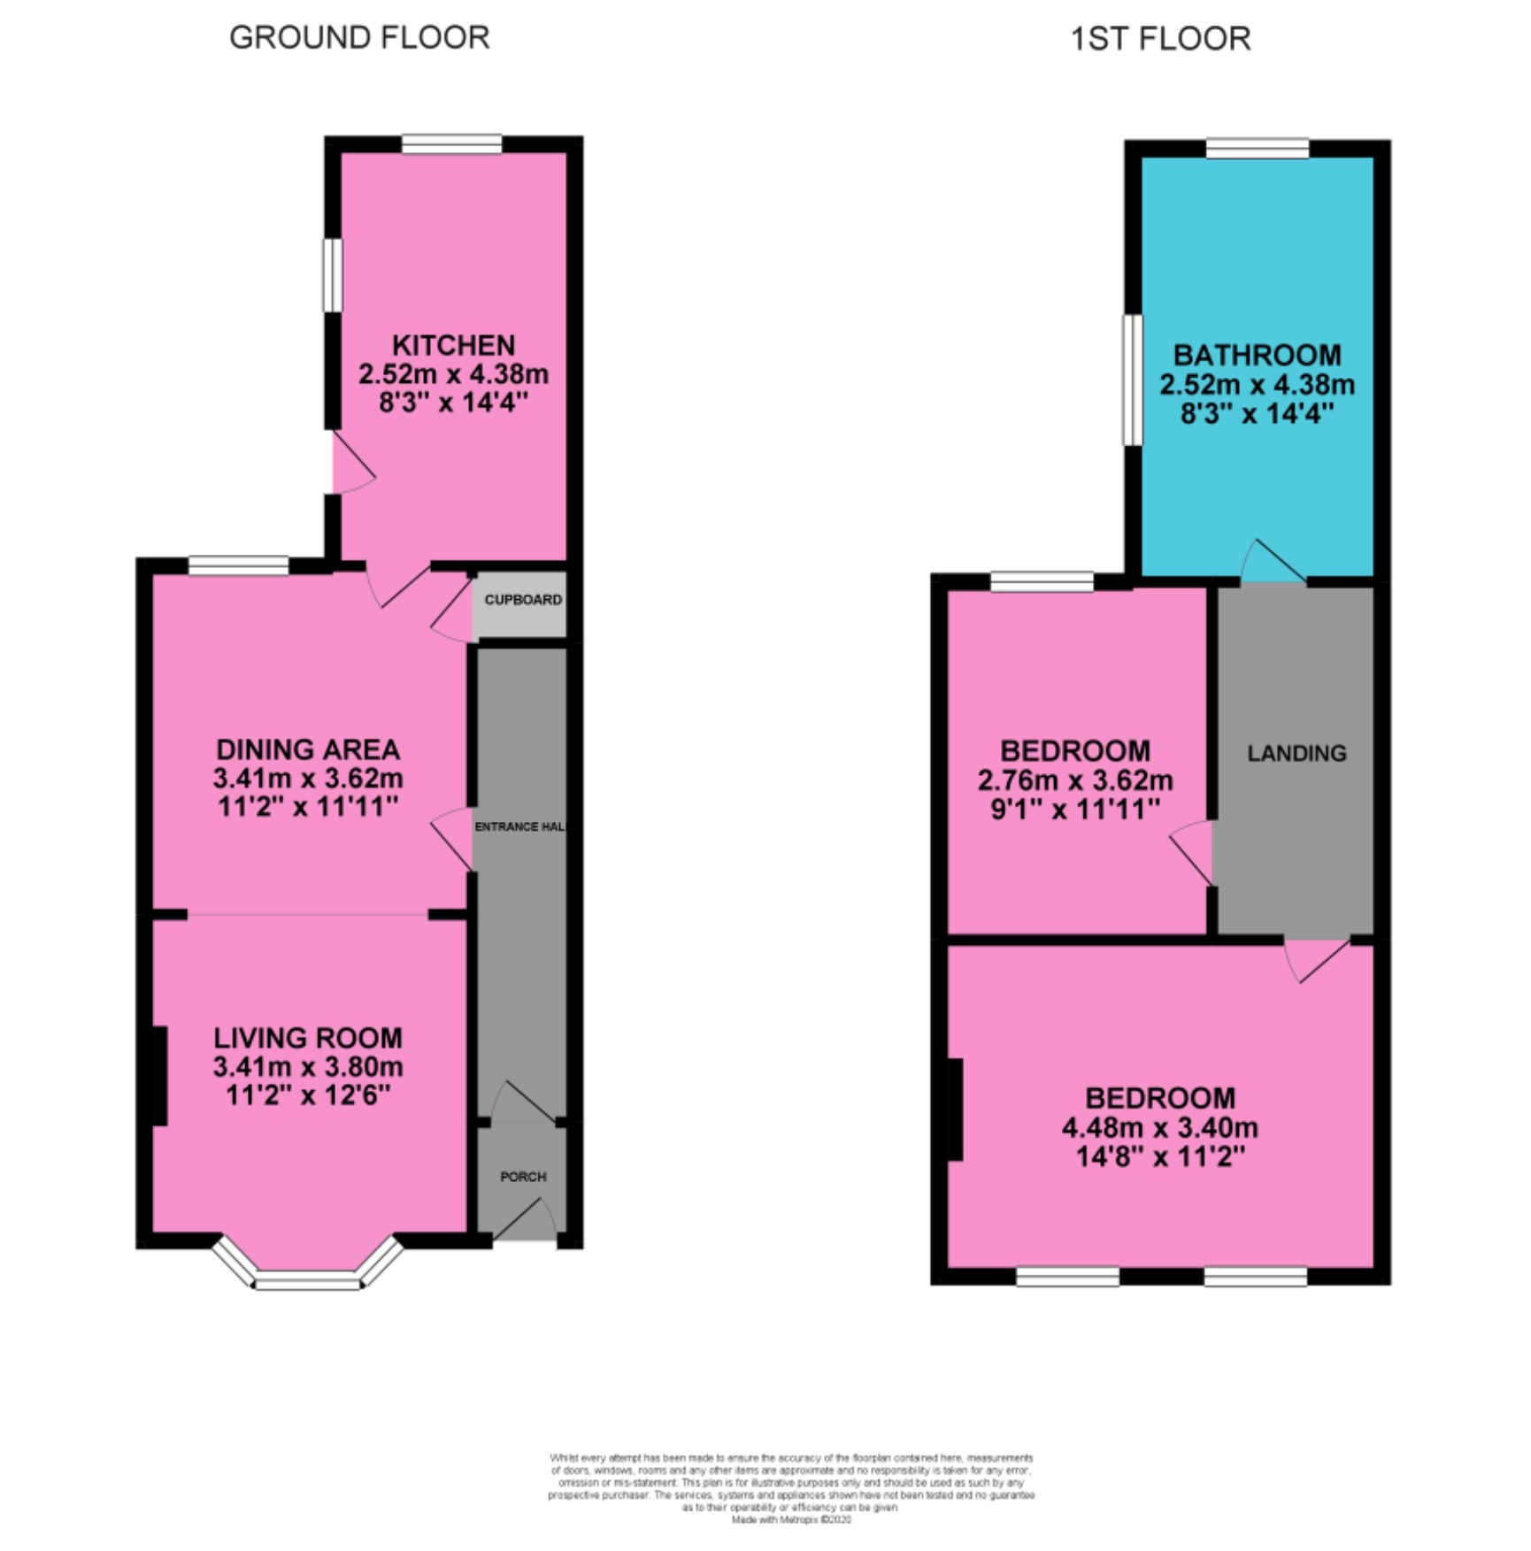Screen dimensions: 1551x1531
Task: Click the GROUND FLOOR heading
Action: pyautogui.click(x=359, y=38)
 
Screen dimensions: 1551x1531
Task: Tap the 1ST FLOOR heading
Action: pyautogui.click(x=1160, y=39)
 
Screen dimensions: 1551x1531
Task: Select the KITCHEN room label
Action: pyautogui.click(x=453, y=345)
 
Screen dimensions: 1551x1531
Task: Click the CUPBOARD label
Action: pyautogui.click(x=523, y=600)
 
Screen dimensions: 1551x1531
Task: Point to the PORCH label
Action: pyautogui.click(x=523, y=1177)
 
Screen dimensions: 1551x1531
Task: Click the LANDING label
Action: pyautogui.click(x=1296, y=754)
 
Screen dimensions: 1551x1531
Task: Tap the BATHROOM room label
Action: pyautogui.click(x=1257, y=356)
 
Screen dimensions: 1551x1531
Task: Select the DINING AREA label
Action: pyautogui.click(x=308, y=750)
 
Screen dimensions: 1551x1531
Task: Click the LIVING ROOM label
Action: pyautogui.click(x=308, y=1038)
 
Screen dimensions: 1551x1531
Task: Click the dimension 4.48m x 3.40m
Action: pyautogui.click(x=1160, y=1128)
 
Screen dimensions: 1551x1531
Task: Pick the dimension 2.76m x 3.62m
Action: pyautogui.click(x=1075, y=780)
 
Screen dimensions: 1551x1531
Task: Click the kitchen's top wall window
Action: pyautogui.click(x=451, y=143)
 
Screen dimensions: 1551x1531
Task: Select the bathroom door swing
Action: pyautogui.click(x=1273, y=563)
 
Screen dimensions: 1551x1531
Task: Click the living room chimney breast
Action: pyautogui.click(x=160, y=1076)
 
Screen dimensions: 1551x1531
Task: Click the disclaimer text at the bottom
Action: pyautogui.click(x=791, y=1488)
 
